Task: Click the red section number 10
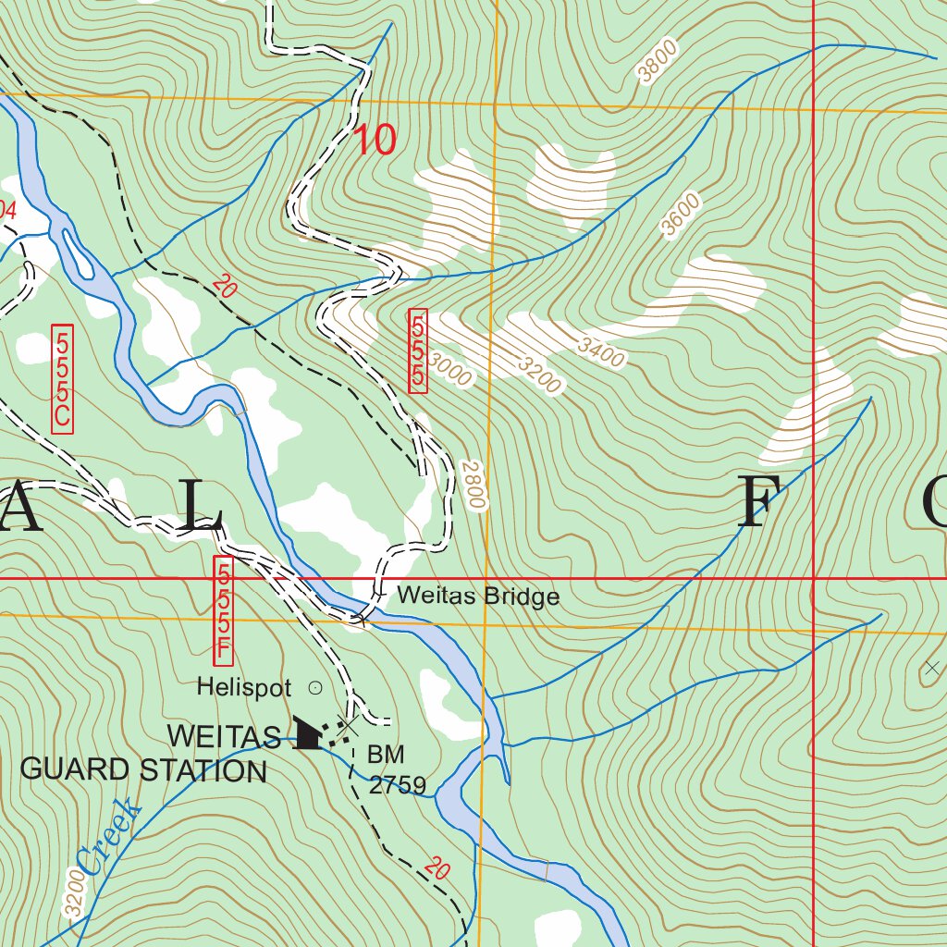[375, 141]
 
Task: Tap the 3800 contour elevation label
[658, 62]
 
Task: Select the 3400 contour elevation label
[600, 351]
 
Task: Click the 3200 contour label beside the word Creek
[75, 895]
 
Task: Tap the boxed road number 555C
[62, 378]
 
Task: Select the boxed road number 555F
[222, 610]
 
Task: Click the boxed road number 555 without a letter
[418, 351]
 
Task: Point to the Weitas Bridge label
[478, 596]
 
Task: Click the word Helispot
[244, 688]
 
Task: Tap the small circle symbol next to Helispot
[314, 687]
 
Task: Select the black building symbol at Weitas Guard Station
[308, 732]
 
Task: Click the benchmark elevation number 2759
[397, 786]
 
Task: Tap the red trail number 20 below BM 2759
[438, 869]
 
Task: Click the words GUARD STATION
[143, 769]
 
